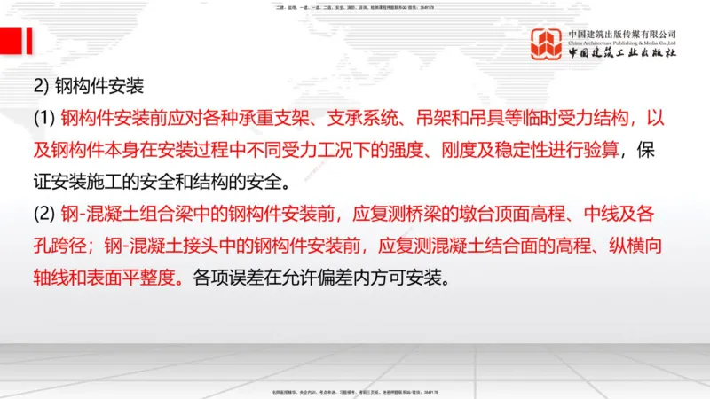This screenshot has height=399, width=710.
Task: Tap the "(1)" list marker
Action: coord(43,119)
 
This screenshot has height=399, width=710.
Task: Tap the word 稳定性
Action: coord(535,151)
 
